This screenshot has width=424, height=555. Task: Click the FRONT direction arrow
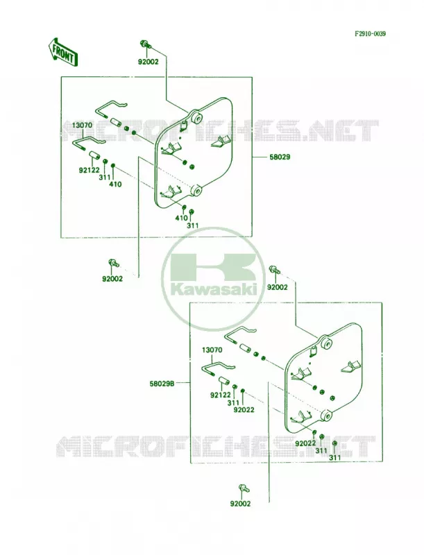click(x=62, y=52)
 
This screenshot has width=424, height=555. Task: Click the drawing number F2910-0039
click(x=370, y=34)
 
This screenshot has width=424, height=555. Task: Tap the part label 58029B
click(x=162, y=384)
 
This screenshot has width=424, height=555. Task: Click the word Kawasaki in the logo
click(x=214, y=290)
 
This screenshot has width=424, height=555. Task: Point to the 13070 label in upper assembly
click(x=83, y=126)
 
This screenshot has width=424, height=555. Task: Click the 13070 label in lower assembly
click(x=212, y=350)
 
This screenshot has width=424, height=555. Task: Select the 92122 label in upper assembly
click(x=89, y=171)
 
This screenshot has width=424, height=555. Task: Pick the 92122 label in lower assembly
click(x=220, y=395)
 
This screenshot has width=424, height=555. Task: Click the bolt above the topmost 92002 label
click(x=146, y=44)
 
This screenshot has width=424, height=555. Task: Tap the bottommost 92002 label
click(x=240, y=504)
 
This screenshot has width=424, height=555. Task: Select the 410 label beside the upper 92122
click(x=115, y=184)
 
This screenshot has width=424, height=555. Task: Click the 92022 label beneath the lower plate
click(x=305, y=443)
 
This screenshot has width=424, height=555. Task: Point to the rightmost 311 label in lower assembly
click(x=334, y=458)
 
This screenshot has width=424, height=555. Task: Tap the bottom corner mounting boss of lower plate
click(x=325, y=415)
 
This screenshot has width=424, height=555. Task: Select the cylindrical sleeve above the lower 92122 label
click(x=223, y=382)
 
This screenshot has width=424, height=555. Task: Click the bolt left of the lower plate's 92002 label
click(x=275, y=270)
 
